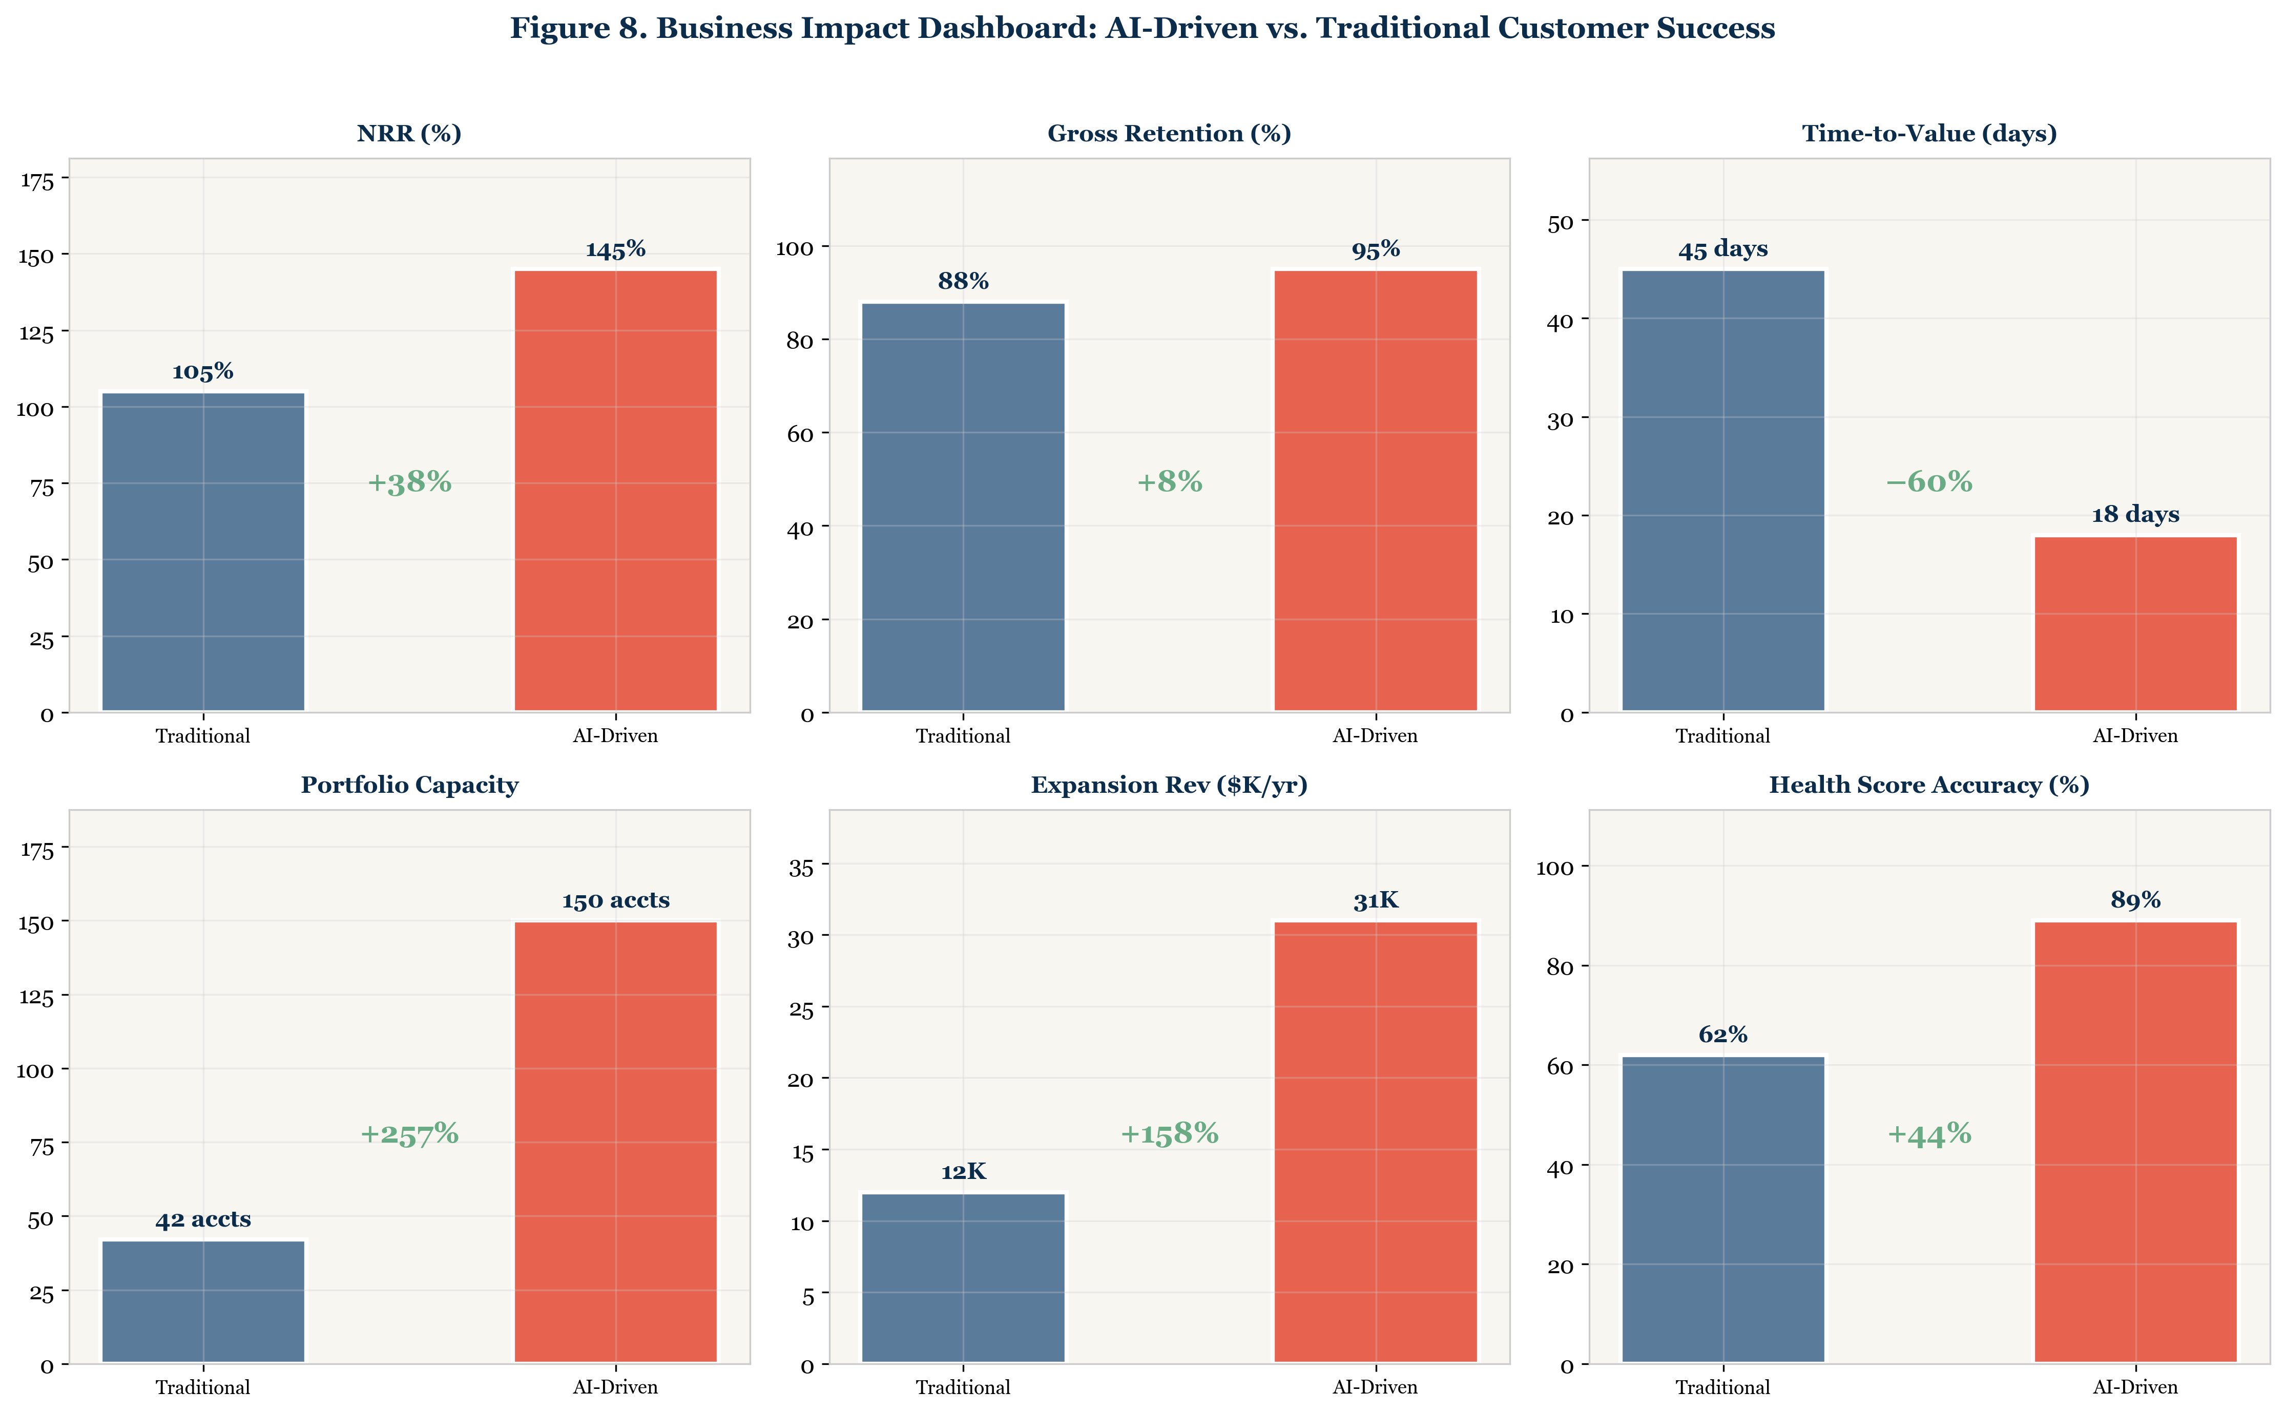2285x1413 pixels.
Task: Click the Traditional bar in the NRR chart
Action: point(203,552)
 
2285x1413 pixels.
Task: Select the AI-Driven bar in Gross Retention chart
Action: point(1375,491)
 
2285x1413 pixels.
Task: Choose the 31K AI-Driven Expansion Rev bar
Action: point(1375,1142)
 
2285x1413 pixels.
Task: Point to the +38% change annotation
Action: point(409,482)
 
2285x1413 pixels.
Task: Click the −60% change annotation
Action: point(1929,482)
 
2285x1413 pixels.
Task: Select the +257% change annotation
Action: point(409,1133)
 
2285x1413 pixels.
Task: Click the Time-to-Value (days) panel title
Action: point(1929,134)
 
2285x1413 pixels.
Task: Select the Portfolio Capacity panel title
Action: point(409,785)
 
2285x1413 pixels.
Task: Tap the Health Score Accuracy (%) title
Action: point(1929,785)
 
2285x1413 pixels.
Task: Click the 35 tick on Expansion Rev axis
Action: point(801,867)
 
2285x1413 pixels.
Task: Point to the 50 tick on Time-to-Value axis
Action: point(1561,221)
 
